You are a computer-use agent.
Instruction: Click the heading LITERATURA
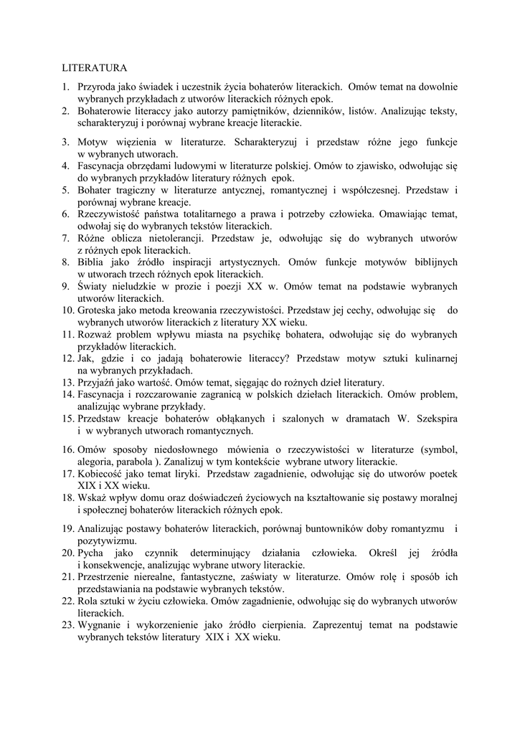click(x=93, y=69)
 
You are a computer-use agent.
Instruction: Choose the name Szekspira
click(x=431, y=419)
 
